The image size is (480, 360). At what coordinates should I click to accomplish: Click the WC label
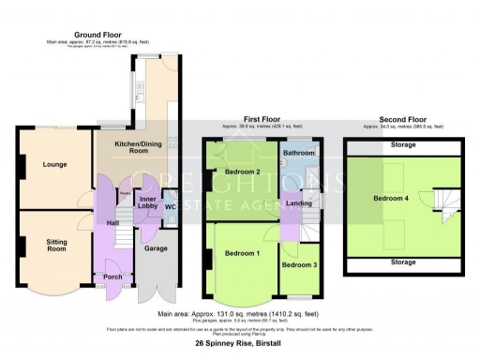click(171, 205)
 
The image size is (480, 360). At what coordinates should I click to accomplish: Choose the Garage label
click(156, 249)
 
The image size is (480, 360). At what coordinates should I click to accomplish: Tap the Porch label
click(113, 277)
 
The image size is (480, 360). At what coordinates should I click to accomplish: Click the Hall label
click(112, 222)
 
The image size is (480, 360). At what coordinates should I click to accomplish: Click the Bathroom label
click(299, 153)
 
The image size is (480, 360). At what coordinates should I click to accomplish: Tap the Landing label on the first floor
click(299, 203)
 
